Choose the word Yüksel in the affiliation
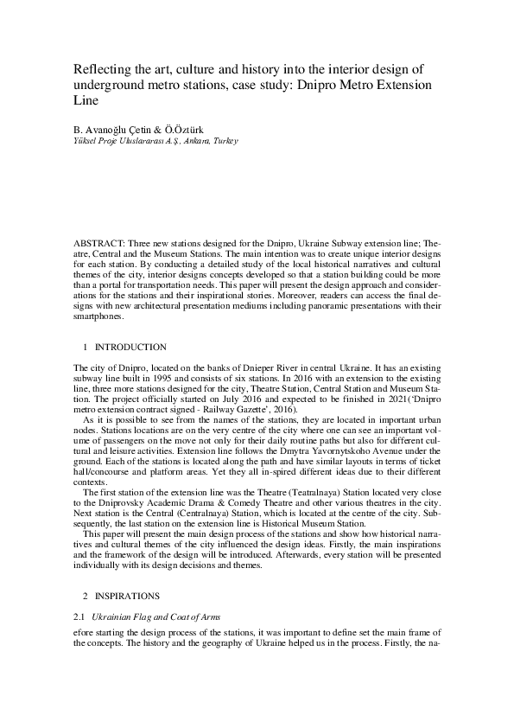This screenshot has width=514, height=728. (87, 140)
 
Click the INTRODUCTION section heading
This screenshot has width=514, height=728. (130, 347)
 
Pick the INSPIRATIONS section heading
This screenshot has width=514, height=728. (130, 597)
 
